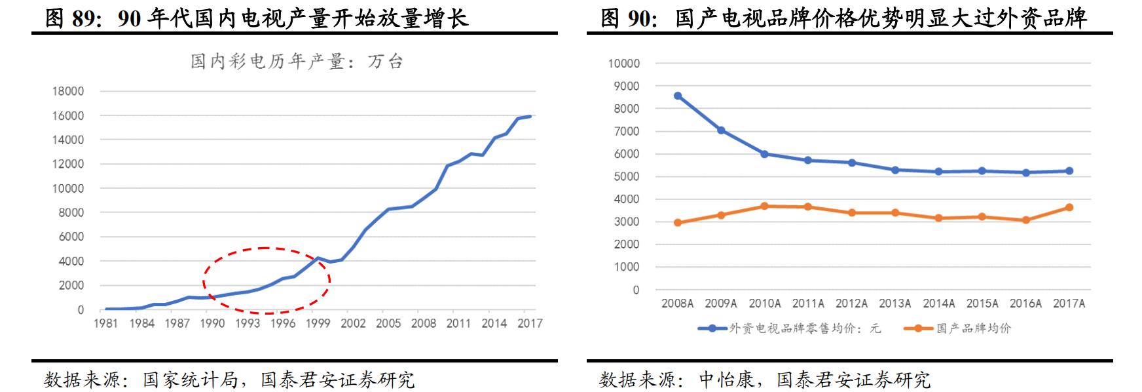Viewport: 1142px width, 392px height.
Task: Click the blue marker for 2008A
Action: (678, 96)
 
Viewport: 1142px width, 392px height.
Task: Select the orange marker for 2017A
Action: (1069, 207)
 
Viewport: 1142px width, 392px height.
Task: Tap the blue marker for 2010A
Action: (764, 154)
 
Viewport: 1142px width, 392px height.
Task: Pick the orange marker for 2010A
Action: (764, 206)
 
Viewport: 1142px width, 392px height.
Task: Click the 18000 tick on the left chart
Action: (68, 91)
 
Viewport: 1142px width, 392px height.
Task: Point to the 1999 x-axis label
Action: (318, 323)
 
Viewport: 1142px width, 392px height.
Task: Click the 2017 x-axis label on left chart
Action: (529, 323)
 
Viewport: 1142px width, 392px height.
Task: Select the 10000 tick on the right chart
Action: (623, 64)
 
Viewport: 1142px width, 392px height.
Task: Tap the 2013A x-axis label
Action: (894, 304)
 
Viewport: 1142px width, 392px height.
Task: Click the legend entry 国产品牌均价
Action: (973, 328)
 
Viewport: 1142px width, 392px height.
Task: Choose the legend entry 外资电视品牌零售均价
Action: (804, 328)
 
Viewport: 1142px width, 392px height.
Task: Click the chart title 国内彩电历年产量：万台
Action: (296, 62)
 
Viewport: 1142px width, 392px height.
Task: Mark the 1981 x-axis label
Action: (106, 323)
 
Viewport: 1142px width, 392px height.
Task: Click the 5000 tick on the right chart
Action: (627, 176)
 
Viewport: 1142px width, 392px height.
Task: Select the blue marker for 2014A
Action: (938, 172)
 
